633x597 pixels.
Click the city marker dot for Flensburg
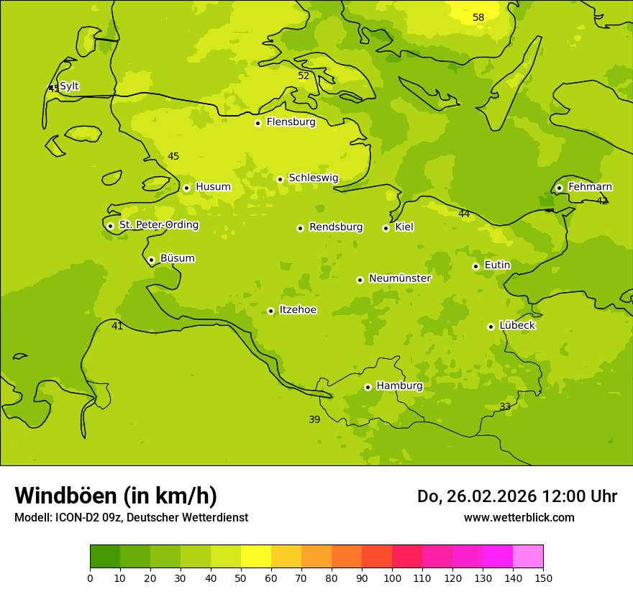258,123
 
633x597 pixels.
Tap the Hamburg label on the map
399,386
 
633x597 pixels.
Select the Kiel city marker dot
386,228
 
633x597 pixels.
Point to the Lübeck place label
516,325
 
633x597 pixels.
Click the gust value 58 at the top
478,17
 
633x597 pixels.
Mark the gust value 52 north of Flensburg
304,76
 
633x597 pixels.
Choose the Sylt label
69,86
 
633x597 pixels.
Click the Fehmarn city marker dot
559,188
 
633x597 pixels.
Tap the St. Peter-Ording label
158,224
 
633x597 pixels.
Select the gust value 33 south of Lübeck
505,406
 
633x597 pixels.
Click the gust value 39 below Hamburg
314,419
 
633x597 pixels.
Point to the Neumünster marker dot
360,280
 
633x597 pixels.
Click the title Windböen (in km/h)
116,496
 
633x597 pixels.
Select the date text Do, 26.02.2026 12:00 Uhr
516,496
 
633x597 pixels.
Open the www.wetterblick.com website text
519,517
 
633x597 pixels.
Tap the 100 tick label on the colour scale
392,578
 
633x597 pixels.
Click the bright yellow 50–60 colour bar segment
256,557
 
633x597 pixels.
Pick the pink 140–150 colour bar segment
528,557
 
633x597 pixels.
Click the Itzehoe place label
298,309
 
